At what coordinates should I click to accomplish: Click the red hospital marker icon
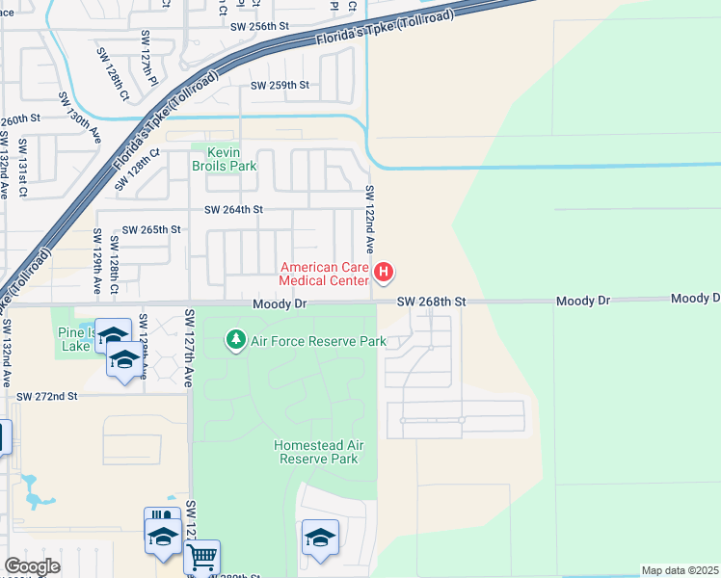tap(384, 274)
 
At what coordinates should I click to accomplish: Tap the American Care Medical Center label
tap(324, 274)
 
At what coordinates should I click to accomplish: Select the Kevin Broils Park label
tap(224, 159)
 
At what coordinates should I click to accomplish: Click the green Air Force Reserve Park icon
tap(235, 340)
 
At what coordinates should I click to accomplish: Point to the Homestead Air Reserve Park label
tap(318, 452)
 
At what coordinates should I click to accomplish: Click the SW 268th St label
tap(433, 302)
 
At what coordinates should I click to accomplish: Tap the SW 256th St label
tap(259, 27)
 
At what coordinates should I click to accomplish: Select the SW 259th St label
tap(280, 86)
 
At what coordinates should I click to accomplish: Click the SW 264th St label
tap(232, 209)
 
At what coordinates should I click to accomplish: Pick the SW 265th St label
tap(152, 229)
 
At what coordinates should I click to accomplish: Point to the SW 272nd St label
tap(46, 396)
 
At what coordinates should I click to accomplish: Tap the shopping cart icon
tap(201, 556)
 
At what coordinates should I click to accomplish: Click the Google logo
tap(32, 566)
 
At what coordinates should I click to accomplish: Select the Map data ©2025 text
tap(681, 570)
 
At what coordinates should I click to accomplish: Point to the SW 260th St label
tap(19, 121)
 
